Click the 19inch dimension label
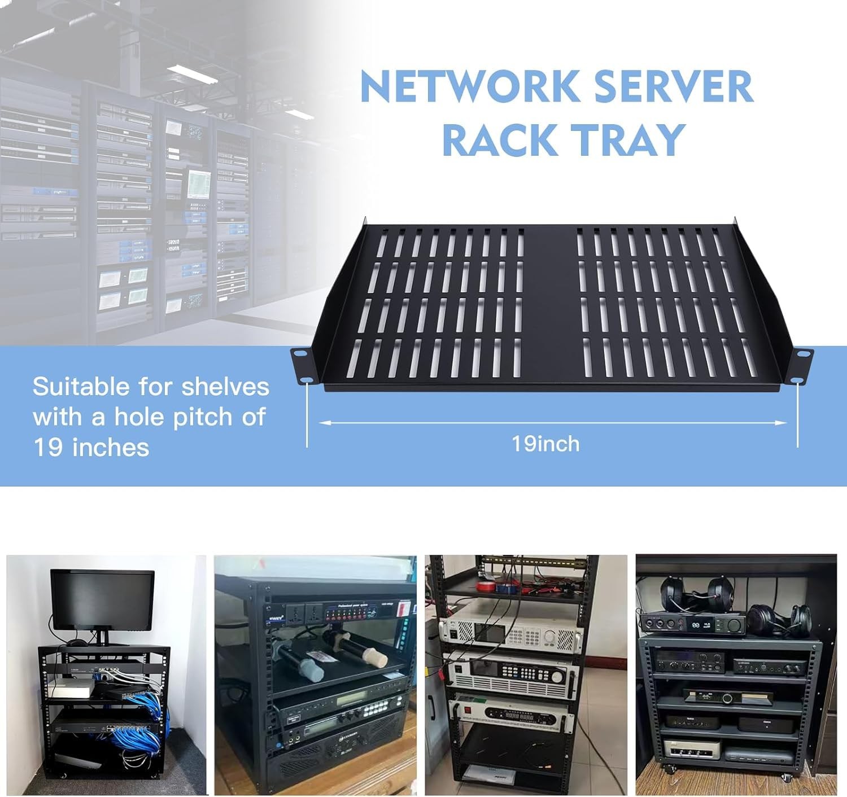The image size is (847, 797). [x=545, y=444]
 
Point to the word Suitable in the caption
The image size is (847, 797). [x=80, y=387]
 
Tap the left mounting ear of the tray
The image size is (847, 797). [x=300, y=365]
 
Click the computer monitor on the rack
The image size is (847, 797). [x=102, y=600]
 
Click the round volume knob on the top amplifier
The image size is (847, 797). [x=735, y=625]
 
